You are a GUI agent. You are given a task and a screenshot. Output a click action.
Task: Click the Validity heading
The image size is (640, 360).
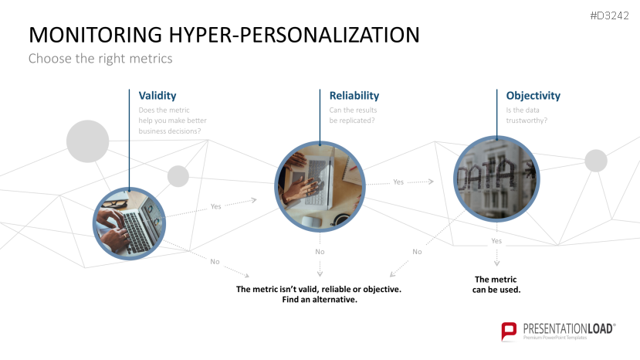(157, 96)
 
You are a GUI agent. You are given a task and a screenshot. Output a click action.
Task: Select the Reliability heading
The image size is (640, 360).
(354, 96)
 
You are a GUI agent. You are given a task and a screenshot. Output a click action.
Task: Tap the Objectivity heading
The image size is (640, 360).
(533, 96)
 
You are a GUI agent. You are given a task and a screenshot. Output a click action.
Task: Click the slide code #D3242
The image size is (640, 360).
(609, 15)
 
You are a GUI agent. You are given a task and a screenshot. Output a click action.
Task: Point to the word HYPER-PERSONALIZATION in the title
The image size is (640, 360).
(294, 35)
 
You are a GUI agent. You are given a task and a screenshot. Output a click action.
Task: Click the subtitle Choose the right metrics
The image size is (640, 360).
(100, 59)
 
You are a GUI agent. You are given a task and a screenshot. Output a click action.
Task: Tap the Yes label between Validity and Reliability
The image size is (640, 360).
(216, 206)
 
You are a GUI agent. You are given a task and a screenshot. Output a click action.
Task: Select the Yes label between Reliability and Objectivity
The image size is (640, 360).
(398, 182)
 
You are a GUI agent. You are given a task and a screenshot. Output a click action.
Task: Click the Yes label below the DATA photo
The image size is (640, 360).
(496, 241)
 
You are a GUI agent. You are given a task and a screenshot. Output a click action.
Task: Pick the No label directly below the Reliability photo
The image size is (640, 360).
(320, 252)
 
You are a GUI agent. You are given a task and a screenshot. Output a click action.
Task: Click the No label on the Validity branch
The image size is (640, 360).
(215, 262)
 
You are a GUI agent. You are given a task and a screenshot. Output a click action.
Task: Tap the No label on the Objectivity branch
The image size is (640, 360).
(417, 252)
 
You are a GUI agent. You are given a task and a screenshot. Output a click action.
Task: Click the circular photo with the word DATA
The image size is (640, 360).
(496, 179)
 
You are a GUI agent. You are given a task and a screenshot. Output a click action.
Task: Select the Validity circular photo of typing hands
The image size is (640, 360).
(130, 223)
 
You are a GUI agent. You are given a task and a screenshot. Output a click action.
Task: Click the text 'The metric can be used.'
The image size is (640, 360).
(496, 284)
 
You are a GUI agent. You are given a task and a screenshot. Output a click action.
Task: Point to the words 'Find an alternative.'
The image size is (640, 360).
(320, 300)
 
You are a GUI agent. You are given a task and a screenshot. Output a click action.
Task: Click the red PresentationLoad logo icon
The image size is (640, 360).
(509, 331)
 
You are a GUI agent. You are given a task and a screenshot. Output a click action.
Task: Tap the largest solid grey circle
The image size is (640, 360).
(88, 141)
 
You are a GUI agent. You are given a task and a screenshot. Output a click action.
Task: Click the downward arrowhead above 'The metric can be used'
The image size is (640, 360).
(496, 263)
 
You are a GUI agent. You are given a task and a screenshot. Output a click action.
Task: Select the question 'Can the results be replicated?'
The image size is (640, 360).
(353, 115)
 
